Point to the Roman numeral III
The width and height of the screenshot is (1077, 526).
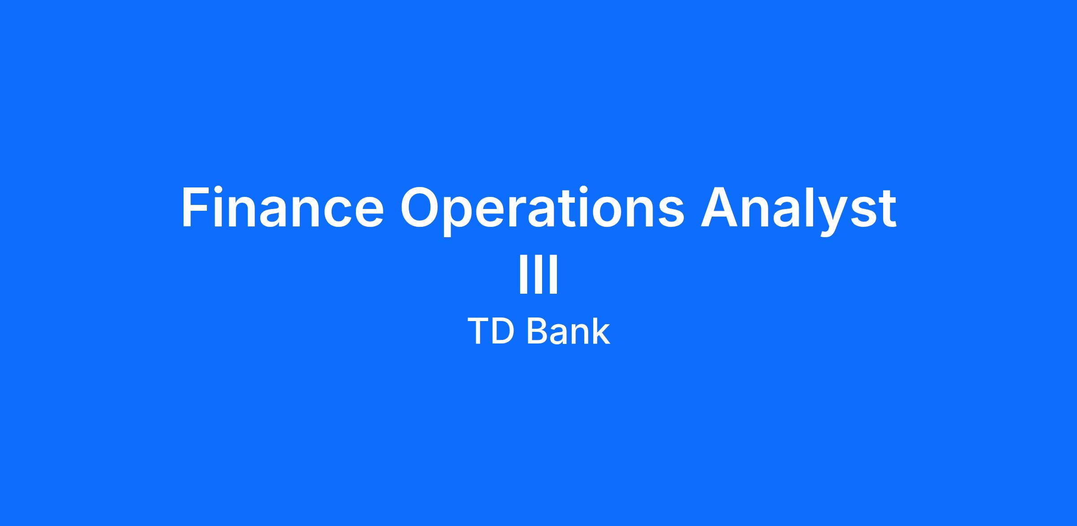[x=538, y=274]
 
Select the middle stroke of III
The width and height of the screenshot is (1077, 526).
[x=538, y=274]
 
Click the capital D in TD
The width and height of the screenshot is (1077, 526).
[x=503, y=331]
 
